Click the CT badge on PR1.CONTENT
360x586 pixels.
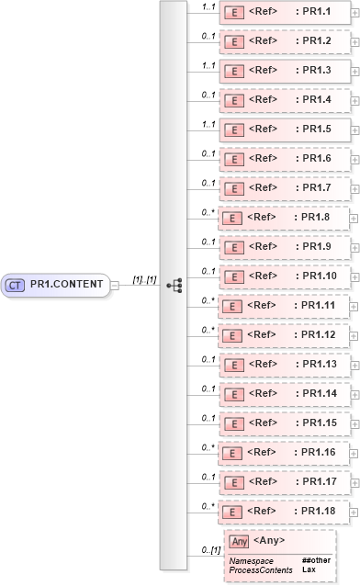pyautogui.click(x=16, y=285)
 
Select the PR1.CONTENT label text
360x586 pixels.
pyautogui.click(x=66, y=285)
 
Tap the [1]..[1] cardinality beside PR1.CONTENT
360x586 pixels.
pyautogui.click(x=143, y=279)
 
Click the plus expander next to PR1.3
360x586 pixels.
pyautogui.click(x=355, y=70)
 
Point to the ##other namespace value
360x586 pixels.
pyautogui.click(x=316, y=560)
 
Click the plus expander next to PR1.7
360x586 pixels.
pyautogui.click(x=355, y=187)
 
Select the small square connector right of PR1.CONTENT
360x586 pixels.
pyautogui.click(x=115, y=285)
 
